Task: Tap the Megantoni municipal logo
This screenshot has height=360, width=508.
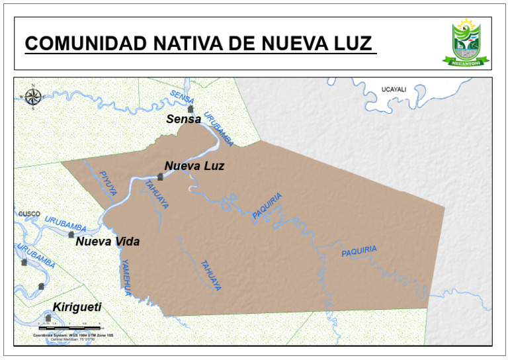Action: pyautogui.click(x=466, y=42)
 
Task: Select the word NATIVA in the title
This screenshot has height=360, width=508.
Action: pyautogui.click(x=197, y=44)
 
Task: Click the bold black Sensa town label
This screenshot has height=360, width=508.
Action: pyautogui.click(x=183, y=120)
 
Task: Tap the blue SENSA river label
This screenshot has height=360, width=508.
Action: pyautogui.click(x=182, y=97)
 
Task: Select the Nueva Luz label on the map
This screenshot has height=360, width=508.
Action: pyautogui.click(x=194, y=166)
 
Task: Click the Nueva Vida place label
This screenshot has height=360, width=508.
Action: pyautogui.click(x=107, y=242)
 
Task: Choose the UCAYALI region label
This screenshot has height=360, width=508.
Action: pyautogui.click(x=394, y=89)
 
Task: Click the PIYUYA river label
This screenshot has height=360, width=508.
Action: pyautogui.click(x=107, y=183)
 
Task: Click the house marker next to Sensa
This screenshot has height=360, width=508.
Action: pyautogui.click(x=190, y=109)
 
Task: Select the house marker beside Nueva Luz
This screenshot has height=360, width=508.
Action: pyautogui.click(x=160, y=177)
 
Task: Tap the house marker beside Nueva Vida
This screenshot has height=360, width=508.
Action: pyautogui.click(x=71, y=234)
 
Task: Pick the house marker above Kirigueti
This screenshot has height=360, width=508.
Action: pyautogui.click(x=48, y=318)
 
